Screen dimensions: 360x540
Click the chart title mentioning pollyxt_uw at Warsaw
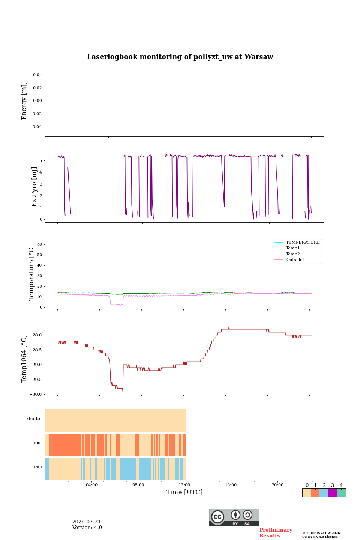(180, 57)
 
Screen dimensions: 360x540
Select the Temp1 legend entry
(287, 248)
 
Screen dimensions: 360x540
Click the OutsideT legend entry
(289, 259)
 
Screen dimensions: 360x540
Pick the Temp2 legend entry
(287, 254)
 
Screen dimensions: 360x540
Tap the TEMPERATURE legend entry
(297, 242)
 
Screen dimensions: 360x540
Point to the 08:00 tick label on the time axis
(138, 485)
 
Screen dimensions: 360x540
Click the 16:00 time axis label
(231, 485)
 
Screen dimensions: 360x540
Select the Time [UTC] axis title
(184, 492)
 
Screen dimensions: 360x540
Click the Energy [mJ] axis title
(24, 101)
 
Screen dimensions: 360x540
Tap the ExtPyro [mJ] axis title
(34, 187)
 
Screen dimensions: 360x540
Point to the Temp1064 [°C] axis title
(24, 359)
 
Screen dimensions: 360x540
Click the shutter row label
(34, 419)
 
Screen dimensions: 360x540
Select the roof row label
(38, 442)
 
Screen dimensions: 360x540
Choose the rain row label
(38, 467)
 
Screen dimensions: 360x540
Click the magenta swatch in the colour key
(333, 493)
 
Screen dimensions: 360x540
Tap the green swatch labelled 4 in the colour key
(341, 493)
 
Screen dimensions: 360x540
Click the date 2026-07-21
(87, 522)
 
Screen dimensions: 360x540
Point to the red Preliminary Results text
(276, 533)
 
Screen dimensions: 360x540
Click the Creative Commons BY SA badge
(234, 517)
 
